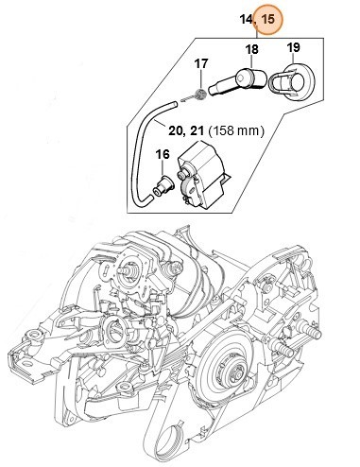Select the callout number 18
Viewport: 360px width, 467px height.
coord(251,48)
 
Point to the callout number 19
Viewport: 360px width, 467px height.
coord(293,47)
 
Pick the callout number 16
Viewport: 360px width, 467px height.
coord(162,153)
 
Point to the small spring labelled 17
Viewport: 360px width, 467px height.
coord(196,95)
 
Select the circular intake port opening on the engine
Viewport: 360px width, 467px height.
coord(120,334)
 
